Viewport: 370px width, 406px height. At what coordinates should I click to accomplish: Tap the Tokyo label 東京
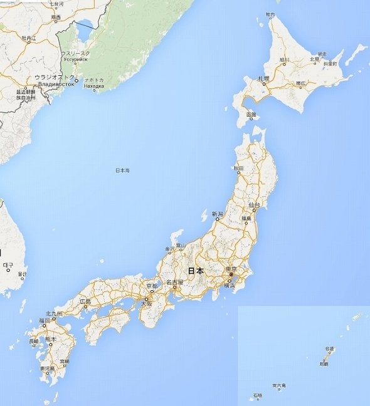click(x=231, y=269)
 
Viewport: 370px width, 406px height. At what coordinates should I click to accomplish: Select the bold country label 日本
click(x=196, y=271)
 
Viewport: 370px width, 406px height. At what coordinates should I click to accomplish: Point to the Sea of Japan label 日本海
click(x=122, y=170)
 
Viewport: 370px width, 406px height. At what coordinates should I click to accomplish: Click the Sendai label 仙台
click(x=254, y=205)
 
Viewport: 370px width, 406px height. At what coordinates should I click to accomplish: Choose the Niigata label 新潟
click(x=217, y=214)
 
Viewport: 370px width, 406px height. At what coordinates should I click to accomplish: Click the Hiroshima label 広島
click(x=85, y=301)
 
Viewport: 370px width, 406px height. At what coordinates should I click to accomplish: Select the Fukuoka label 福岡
click(x=44, y=320)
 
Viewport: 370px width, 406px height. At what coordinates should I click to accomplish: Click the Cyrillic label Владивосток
click(x=56, y=84)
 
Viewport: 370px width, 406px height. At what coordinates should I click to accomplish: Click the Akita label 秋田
click(x=239, y=168)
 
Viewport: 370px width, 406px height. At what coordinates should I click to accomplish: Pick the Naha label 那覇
click(x=324, y=363)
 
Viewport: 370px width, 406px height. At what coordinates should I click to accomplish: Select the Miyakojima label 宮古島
click(x=279, y=386)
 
